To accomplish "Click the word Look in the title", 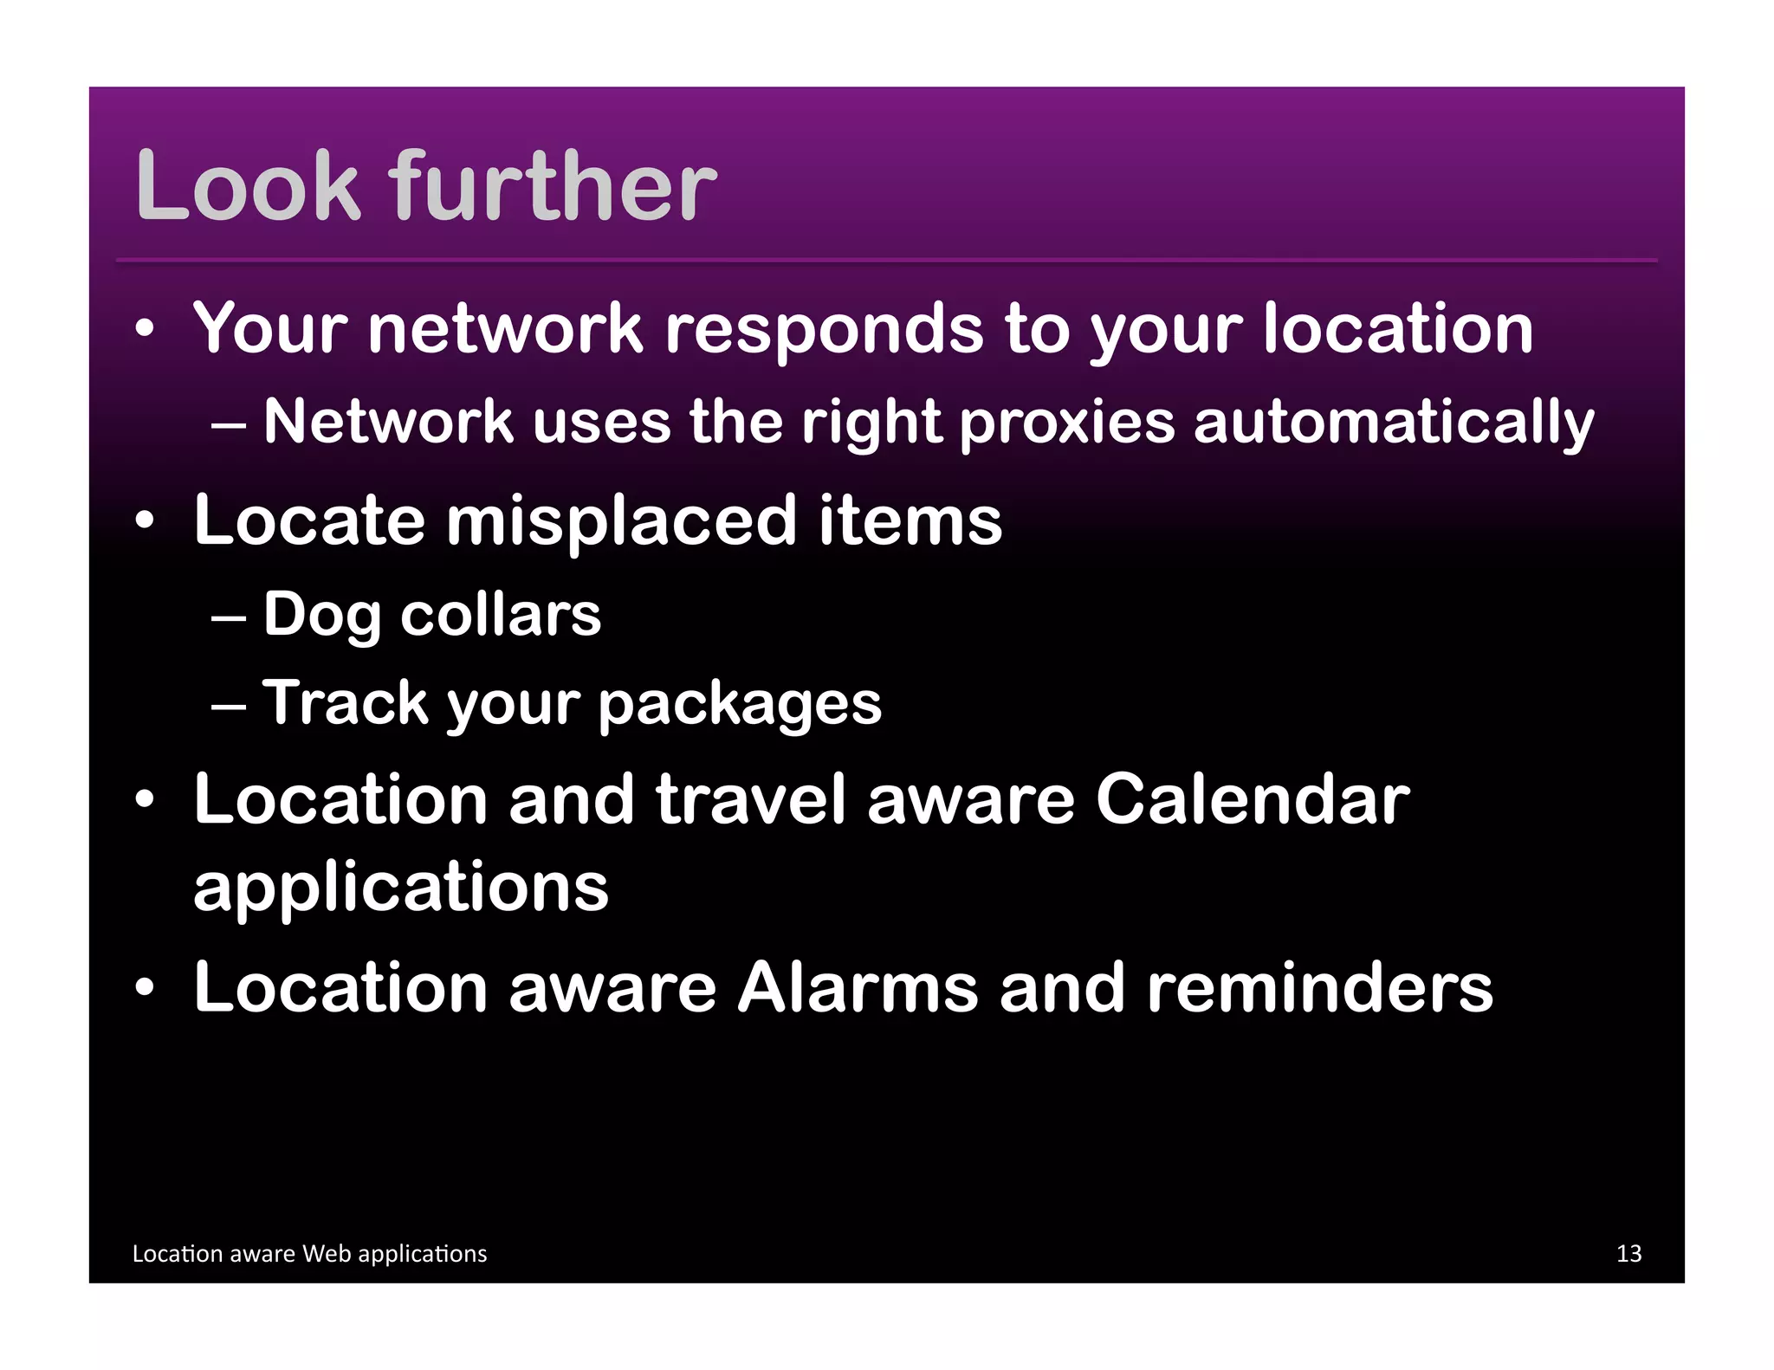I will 248,186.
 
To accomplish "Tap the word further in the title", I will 554,186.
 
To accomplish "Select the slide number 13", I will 1628,1253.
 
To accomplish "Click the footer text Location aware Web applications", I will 309,1253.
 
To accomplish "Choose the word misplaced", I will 620,521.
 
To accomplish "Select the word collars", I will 501,615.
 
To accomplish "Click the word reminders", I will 1319,988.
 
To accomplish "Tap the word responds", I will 824,332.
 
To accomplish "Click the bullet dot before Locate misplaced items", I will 145,521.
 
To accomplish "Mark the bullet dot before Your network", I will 145,329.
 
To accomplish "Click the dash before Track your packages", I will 228,705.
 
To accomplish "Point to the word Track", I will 346,702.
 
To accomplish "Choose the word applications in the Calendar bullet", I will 401,889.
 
